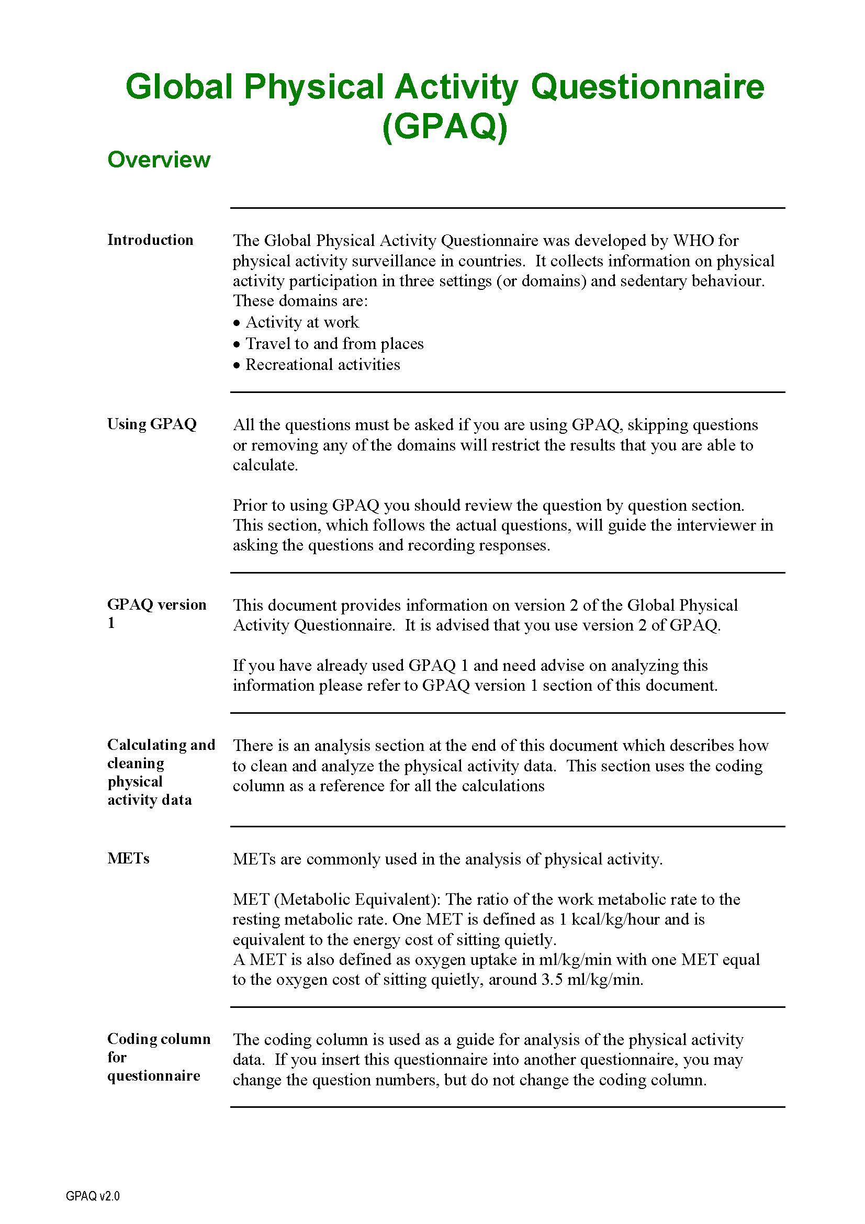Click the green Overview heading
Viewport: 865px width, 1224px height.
point(159,160)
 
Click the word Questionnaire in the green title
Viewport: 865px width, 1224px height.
point(647,86)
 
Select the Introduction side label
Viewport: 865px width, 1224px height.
point(150,240)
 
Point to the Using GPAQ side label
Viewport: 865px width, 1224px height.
point(152,424)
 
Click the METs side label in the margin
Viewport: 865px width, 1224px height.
point(128,858)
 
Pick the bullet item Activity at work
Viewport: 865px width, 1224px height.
point(302,322)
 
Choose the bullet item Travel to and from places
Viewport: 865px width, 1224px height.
point(334,343)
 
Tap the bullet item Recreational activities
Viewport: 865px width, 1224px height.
point(322,365)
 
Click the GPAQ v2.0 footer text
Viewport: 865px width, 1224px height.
point(93,1196)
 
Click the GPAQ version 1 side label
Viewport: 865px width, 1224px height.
point(156,613)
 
